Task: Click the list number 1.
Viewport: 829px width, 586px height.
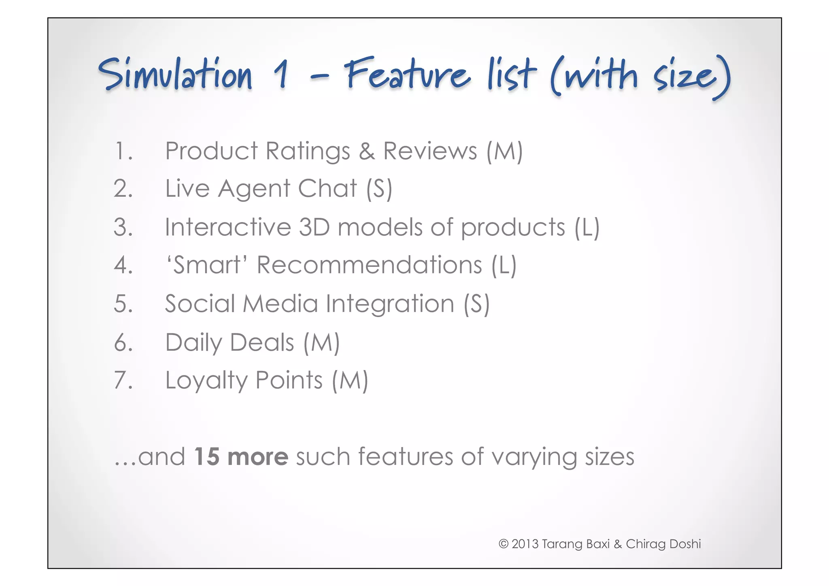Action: click(123, 151)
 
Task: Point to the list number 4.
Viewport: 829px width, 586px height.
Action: click(123, 265)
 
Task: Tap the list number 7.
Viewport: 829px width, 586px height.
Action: click(123, 380)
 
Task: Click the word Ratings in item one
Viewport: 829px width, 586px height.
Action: click(308, 152)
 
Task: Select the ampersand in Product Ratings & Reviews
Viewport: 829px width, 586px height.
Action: click(366, 151)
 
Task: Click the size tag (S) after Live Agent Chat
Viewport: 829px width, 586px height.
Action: click(379, 189)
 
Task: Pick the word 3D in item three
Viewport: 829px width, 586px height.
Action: click(314, 227)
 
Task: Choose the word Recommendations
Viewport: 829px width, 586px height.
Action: click(369, 265)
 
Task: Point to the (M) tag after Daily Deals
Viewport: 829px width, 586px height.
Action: click(321, 343)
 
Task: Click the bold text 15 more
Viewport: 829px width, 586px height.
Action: click(241, 456)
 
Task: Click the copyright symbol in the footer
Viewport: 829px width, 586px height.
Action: click(503, 543)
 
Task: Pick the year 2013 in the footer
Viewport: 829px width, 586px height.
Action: click(525, 543)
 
